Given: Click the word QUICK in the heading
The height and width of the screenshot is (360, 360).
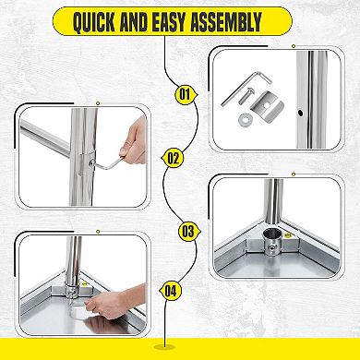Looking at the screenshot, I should click(100, 20).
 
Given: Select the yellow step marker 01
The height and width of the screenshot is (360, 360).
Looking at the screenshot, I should click(185, 93).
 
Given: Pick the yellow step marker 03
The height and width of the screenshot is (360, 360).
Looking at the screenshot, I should click(187, 232).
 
